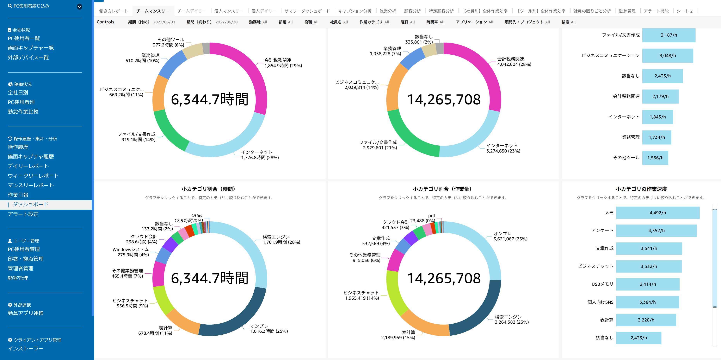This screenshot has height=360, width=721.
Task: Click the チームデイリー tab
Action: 192,11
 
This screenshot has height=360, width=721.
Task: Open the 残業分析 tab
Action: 388,11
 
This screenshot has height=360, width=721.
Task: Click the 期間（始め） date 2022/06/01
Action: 164,22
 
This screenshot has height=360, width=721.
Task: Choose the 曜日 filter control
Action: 408,22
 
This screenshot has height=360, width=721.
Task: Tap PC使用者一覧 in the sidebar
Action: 24,38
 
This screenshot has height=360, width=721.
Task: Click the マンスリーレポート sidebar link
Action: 31,185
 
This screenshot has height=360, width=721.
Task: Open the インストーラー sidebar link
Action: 25,348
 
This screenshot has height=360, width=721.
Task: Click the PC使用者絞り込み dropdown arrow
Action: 79,6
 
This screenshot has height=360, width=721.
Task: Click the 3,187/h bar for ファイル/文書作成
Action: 669,35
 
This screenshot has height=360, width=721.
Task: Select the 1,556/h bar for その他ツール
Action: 655,158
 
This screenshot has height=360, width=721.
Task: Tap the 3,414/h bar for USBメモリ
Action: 648,284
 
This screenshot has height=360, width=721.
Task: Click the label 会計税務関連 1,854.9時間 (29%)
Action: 283,63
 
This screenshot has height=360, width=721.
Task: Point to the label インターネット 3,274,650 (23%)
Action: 503,148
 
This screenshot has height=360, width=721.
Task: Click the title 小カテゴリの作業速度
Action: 641,189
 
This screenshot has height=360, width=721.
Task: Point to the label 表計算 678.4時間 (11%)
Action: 155,330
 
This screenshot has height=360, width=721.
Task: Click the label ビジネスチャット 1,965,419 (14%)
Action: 361,295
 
